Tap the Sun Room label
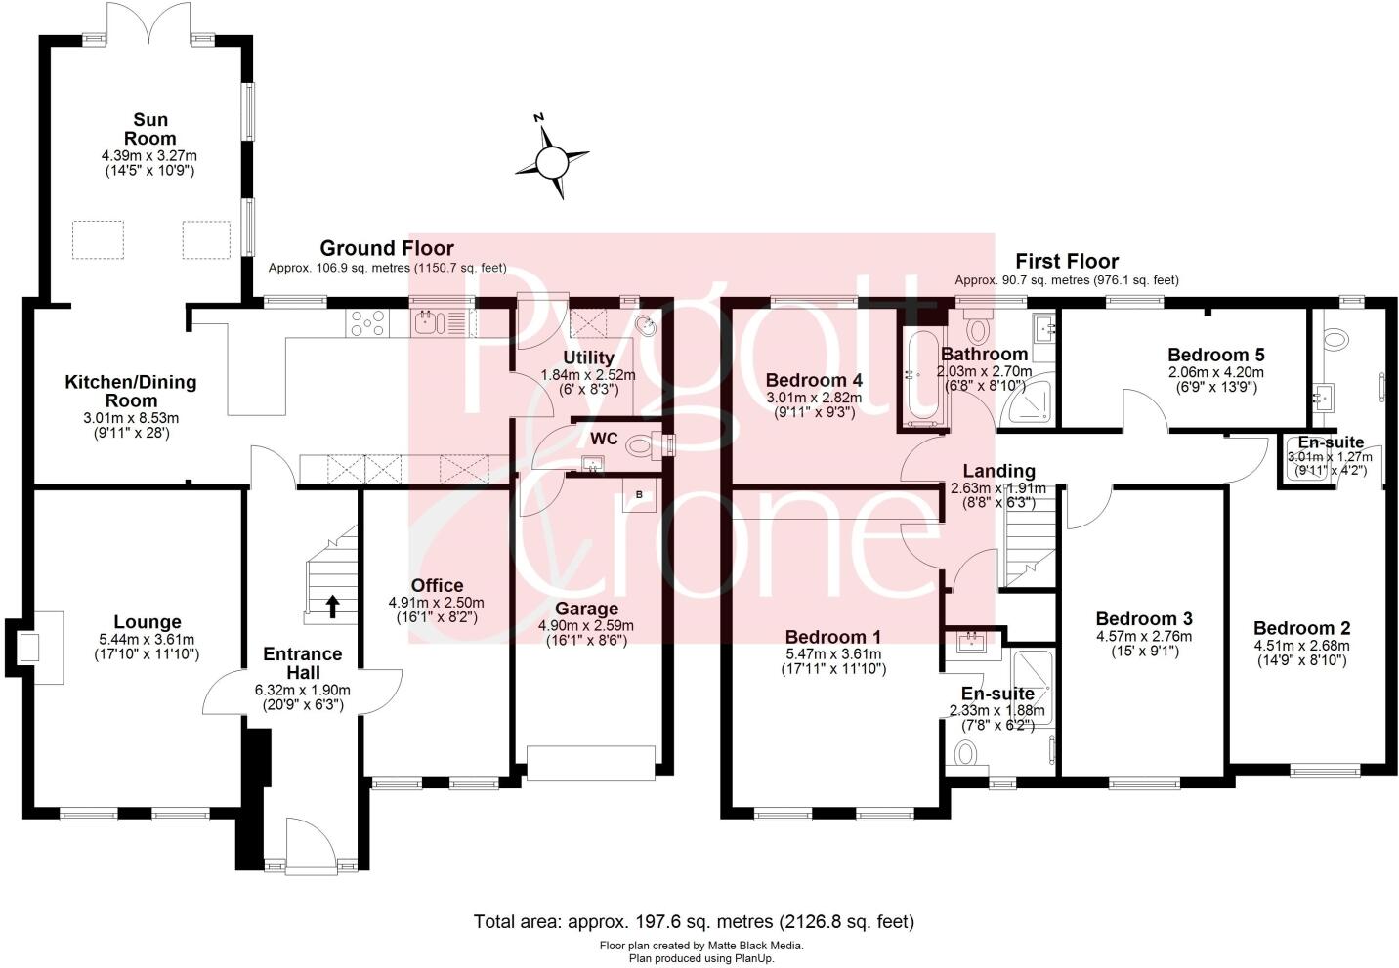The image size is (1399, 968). pyautogui.click(x=150, y=129)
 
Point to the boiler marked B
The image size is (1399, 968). pyautogui.click(x=640, y=495)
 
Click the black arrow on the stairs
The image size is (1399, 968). pyautogui.click(x=332, y=607)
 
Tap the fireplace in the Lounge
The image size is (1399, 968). pyautogui.click(x=31, y=646)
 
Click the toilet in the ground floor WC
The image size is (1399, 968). pyautogui.click(x=642, y=446)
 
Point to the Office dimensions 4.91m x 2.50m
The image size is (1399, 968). pyautogui.click(x=437, y=603)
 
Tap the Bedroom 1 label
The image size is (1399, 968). pyautogui.click(x=832, y=637)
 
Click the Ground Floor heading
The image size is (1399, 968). pyautogui.click(x=387, y=248)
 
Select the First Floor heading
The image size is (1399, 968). pyautogui.click(x=1067, y=261)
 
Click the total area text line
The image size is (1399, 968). pyautogui.click(x=694, y=921)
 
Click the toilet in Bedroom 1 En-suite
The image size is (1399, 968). pyautogui.click(x=965, y=753)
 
